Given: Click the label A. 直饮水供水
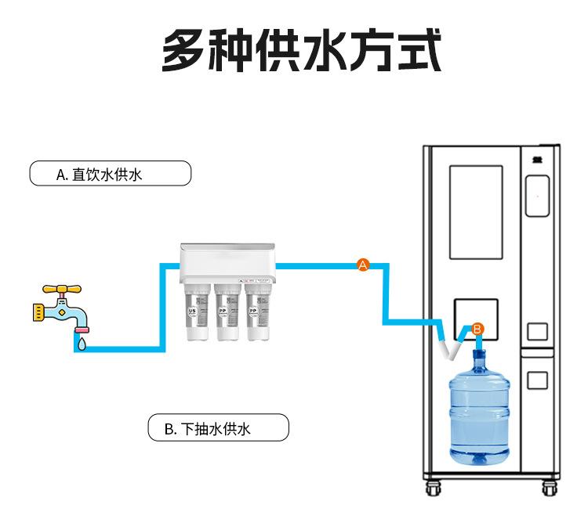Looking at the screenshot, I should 110,173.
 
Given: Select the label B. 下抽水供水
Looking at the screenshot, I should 218,428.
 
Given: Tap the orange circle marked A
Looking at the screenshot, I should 363,265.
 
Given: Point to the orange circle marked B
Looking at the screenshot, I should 478,329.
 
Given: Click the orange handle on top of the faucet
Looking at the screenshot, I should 60,289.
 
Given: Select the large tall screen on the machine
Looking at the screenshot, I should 475,211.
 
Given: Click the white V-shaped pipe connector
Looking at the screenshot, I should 450,347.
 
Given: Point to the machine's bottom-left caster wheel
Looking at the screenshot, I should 432,488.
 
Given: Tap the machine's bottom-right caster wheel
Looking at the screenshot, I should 549,488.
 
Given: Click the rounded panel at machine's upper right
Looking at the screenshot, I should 537,196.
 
